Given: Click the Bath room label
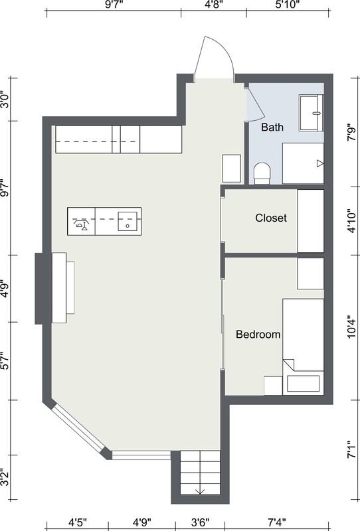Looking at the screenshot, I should click(x=272, y=127).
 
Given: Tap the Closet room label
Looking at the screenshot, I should click(x=271, y=218).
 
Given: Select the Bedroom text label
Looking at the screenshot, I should click(x=258, y=335).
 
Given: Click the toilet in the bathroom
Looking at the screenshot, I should click(x=262, y=174).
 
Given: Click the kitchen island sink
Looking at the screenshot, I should click(x=128, y=221).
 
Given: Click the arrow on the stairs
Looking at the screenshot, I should click(x=200, y=492).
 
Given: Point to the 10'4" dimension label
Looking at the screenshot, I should click(x=351, y=327).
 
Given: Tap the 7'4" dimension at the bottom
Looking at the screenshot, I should click(x=287, y=523).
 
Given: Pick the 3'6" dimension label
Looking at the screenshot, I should click(x=200, y=523).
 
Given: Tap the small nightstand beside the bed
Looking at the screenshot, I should click(x=273, y=386).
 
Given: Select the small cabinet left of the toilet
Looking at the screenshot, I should click(x=232, y=169).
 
